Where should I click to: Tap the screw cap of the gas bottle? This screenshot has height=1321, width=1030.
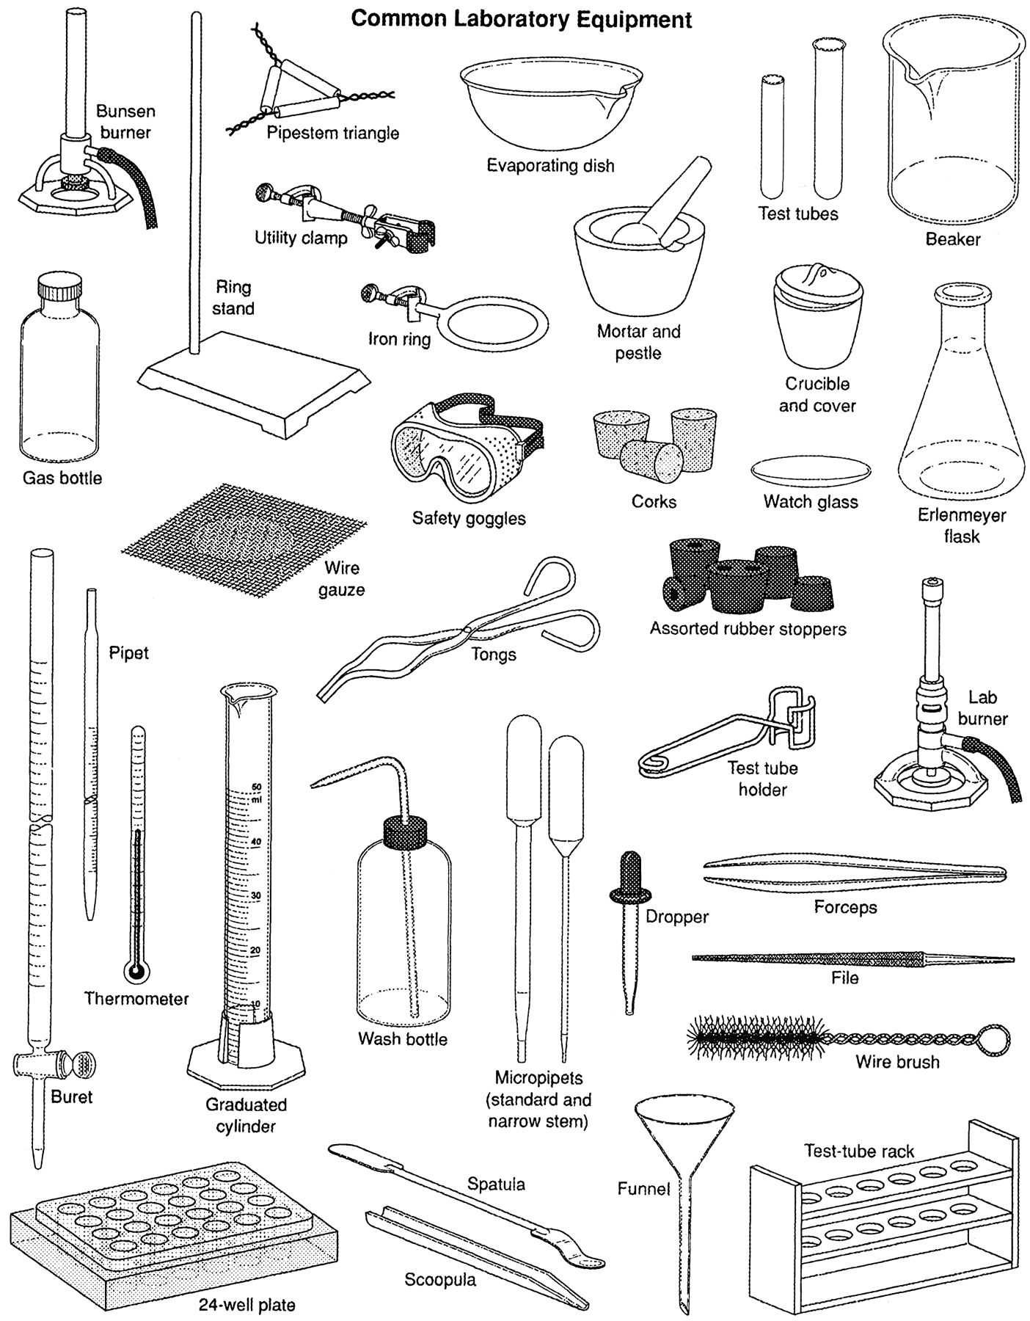coord(60,288)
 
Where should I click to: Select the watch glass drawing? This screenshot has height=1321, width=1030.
coord(811,470)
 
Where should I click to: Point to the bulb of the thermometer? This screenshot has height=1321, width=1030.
coord(136,973)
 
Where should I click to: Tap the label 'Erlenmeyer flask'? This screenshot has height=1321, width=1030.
coord(961,525)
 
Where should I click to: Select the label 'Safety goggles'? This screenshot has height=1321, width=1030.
coord(469,518)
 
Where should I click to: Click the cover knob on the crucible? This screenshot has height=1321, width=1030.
coord(814,274)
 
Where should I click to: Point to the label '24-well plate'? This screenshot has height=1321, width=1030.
coord(246,1304)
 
